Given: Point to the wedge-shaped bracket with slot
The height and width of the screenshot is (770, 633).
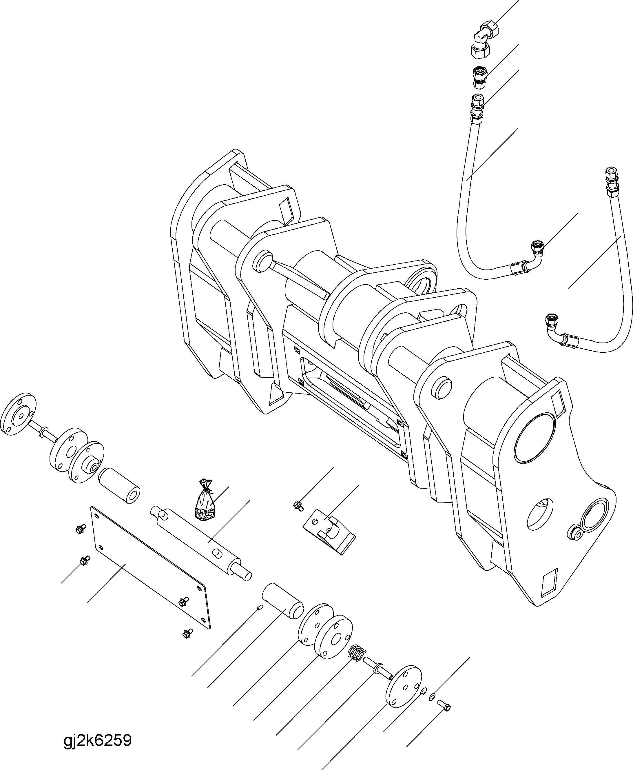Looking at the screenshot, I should [329, 533].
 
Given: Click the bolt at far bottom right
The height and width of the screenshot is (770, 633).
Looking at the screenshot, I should [445, 705].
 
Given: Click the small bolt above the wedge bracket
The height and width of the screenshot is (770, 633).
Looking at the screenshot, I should [298, 505].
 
